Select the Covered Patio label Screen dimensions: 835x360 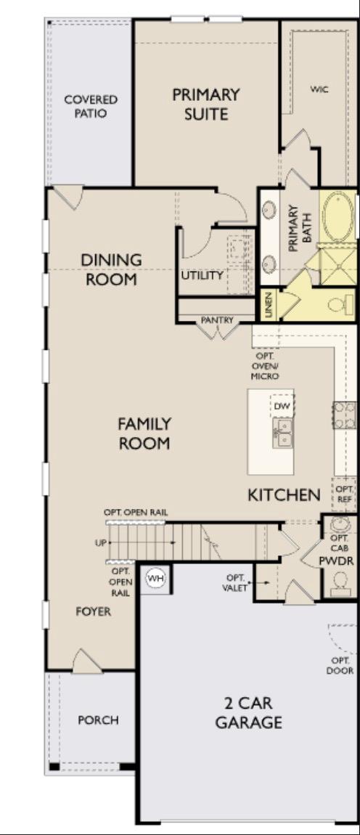[x=91, y=106]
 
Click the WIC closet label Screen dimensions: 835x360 [x=319, y=89]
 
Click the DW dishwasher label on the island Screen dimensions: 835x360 [x=282, y=406]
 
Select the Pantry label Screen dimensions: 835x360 [x=217, y=319]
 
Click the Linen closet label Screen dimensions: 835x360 [x=269, y=304]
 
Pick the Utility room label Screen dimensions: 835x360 [x=202, y=275]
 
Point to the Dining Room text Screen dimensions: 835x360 [x=111, y=269]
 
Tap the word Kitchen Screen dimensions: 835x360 [x=284, y=495]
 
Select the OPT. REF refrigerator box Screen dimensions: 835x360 [x=344, y=494]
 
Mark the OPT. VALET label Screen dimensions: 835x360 [x=234, y=582]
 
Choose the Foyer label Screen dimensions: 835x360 [x=94, y=611]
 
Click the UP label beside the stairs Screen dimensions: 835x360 [x=99, y=542]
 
